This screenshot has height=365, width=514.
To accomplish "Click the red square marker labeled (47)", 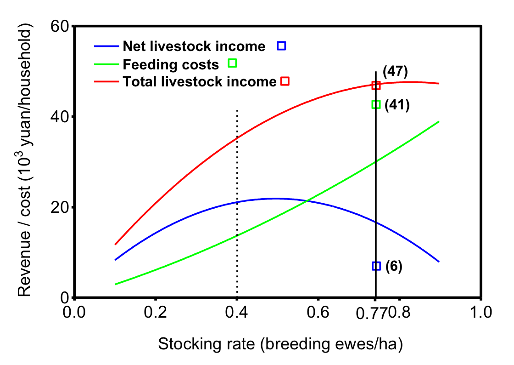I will click(376, 86).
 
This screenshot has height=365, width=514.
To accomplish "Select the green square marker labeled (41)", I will click(376, 104).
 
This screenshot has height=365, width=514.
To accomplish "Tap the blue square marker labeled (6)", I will click(376, 266).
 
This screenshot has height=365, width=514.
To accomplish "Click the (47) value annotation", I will click(395, 72).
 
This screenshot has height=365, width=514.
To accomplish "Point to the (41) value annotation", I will click(397, 105).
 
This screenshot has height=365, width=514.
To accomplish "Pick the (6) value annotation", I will click(394, 266).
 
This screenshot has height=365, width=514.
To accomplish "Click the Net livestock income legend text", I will click(194, 46).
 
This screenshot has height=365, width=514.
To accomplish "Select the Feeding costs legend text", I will click(171, 64).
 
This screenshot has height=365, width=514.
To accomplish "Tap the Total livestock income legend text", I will click(199, 82).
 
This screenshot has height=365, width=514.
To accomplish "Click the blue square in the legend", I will click(281, 46).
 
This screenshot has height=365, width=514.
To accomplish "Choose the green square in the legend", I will click(232, 63).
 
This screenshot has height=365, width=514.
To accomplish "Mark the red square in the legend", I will click(285, 81).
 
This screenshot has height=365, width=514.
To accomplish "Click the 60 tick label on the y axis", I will click(59, 27).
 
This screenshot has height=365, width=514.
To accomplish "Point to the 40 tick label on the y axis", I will click(59, 117).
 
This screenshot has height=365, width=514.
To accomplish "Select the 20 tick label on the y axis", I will click(59, 207).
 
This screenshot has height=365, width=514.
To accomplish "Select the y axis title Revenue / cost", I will click(26, 162).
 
